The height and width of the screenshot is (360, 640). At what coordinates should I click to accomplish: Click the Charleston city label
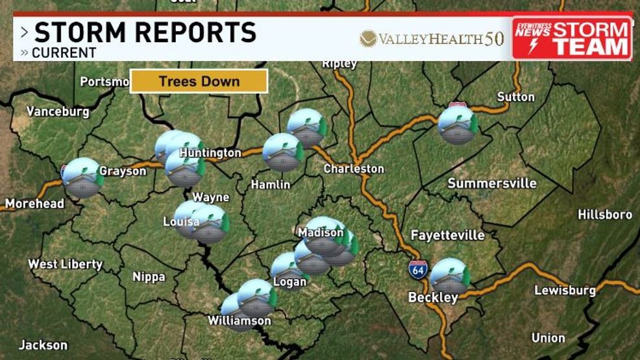tap(354, 169)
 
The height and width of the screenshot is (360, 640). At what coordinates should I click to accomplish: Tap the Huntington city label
tap(210, 153)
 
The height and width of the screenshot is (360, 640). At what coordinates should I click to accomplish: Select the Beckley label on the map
tap(433, 298)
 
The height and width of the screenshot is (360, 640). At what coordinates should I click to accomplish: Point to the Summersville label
tap(492, 184)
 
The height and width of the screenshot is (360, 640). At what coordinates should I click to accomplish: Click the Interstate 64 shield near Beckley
tap(418, 269)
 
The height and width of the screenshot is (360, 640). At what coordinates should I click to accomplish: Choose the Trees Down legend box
tap(199, 82)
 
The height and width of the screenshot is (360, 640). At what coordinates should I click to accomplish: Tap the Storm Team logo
tap(572, 38)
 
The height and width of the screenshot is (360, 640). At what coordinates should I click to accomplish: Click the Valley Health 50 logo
tap(432, 39)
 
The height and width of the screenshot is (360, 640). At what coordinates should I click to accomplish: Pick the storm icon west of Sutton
tap(458, 125)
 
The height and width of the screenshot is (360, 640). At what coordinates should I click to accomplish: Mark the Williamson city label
tap(239, 320)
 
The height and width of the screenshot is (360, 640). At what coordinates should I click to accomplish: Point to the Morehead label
tap(34, 204)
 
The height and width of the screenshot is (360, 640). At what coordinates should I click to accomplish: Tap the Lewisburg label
tap(564, 290)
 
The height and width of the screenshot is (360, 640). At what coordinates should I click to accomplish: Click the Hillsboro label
tap(604, 215)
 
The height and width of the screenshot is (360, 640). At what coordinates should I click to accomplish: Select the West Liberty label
tap(65, 264)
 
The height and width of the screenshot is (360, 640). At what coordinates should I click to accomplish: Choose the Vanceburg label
tap(58, 112)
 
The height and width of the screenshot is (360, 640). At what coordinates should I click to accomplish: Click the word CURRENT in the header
tap(64, 53)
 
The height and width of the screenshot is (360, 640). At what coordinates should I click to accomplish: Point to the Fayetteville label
tap(447, 235)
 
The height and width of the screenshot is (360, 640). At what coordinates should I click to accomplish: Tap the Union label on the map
tap(548, 338)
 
